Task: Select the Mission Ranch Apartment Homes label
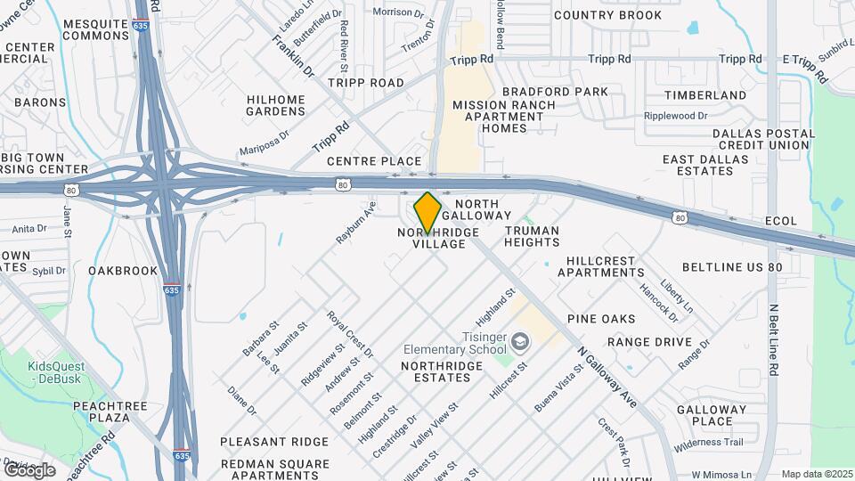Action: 503,117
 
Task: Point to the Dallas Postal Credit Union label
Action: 763,139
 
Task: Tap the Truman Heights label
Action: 532,236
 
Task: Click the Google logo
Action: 29,469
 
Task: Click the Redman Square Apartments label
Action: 274,469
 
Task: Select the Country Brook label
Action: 607,15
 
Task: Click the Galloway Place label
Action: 704,415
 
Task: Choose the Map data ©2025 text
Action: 815,474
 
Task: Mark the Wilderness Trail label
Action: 708,443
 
